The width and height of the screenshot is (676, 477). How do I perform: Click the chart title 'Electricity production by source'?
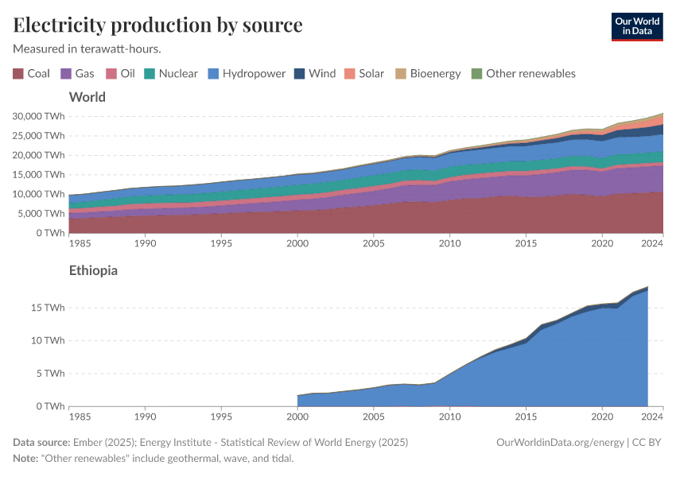pyautogui.click(x=157, y=25)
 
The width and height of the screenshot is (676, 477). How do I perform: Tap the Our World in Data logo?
pyautogui.click(x=637, y=26)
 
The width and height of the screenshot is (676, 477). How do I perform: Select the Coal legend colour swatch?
pyautogui.click(x=18, y=74)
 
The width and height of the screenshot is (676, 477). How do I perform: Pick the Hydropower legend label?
pyautogui.click(x=254, y=74)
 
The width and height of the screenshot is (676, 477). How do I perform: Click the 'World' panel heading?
pyautogui.click(x=87, y=97)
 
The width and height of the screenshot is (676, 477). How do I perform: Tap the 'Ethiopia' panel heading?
pyautogui.click(x=93, y=270)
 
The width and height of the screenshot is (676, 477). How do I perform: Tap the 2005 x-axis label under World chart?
pyautogui.click(x=373, y=242)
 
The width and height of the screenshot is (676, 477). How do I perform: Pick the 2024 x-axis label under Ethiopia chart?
pyautogui.click(x=652, y=416)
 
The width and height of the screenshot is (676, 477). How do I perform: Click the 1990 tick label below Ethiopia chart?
pyautogui.click(x=144, y=416)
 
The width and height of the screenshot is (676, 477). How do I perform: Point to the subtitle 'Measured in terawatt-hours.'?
pyautogui.click(x=87, y=48)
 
